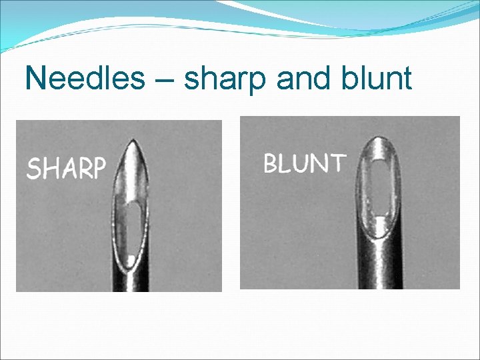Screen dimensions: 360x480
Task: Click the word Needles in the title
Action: point(84,78)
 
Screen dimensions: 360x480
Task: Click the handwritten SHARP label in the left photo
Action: point(66,168)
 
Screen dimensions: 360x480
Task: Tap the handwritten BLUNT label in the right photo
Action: point(305,163)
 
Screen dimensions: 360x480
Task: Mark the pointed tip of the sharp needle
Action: point(133,141)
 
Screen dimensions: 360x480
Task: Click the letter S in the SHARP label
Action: point(33,169)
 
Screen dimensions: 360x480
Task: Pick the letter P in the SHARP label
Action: point(98,168)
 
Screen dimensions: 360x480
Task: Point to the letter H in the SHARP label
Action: point(49,169)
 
